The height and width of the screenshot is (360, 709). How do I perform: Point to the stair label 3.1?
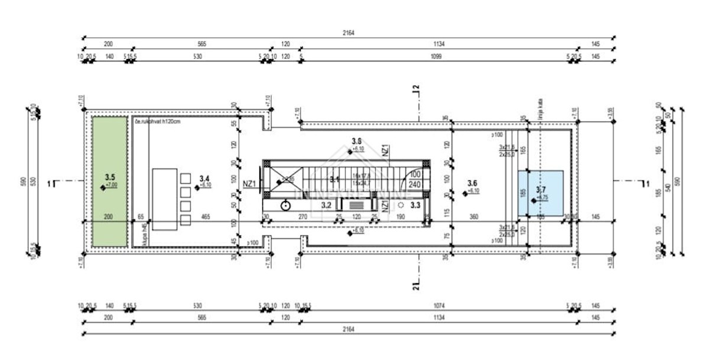click(334, 179)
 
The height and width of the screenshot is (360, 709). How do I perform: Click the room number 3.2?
click(326, 205)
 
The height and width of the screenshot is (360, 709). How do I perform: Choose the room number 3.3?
click(415, 205)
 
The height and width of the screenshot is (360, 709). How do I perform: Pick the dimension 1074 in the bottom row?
click(436, 306)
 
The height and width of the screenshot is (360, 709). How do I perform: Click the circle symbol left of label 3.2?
click(286, 205)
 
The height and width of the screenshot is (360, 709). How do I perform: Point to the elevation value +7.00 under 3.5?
click(111, 185)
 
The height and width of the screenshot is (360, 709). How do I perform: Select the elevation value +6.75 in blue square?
click(542, 197)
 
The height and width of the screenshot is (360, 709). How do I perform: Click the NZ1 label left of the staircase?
click(249, 184)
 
